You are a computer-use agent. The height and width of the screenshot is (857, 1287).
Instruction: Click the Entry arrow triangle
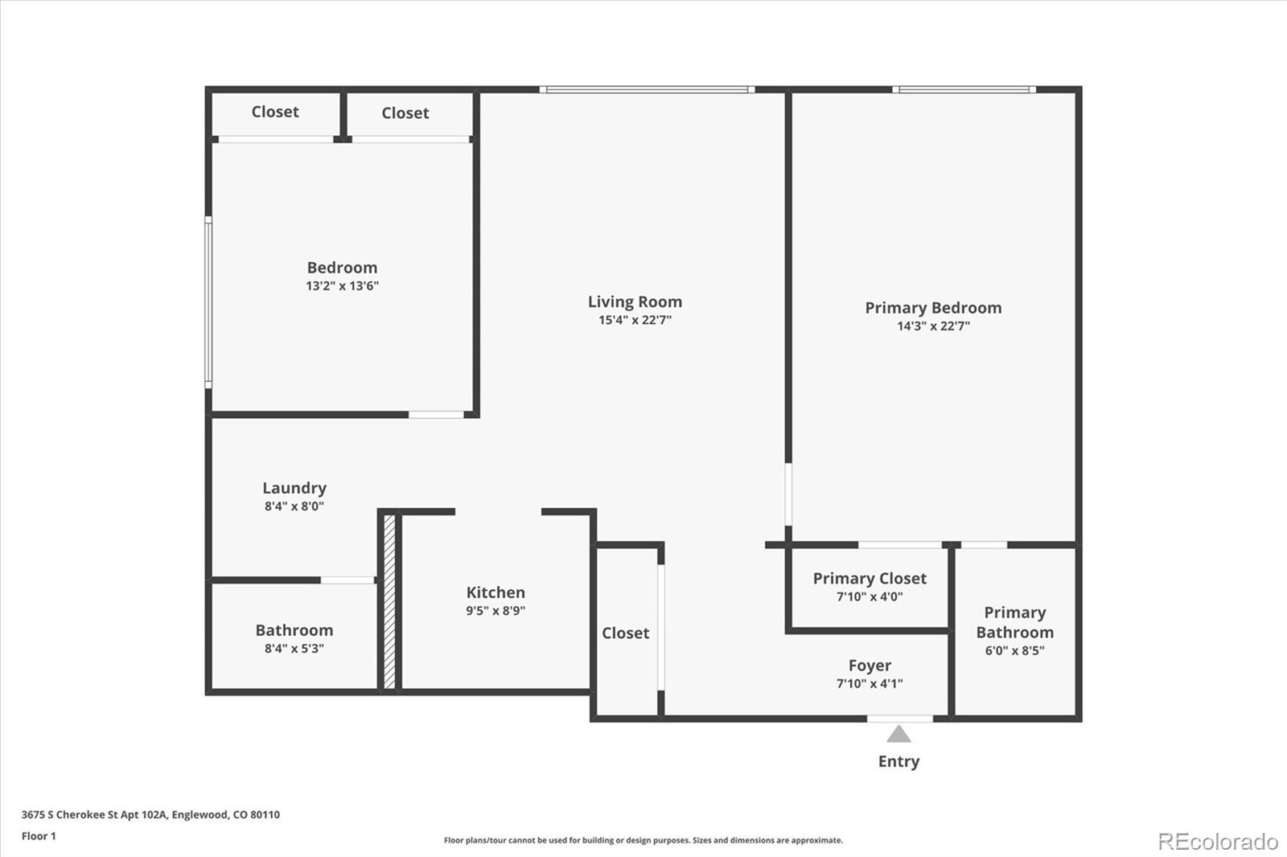pos(898,734)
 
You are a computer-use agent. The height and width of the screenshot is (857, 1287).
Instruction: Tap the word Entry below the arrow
pos(898,761)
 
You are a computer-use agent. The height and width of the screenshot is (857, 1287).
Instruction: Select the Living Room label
pos(635,301)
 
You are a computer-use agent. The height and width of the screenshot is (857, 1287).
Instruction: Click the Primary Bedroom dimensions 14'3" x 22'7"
pos(933,326)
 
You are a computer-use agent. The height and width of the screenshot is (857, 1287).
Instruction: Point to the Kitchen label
pos(495,593)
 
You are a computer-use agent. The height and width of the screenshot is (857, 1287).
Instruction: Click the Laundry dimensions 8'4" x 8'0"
pos(294,506)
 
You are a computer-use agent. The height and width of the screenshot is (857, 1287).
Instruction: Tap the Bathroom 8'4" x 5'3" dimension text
pos(294,649)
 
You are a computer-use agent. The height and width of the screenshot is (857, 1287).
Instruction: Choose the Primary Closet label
pos(870,579)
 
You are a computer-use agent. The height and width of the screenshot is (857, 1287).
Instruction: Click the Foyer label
pos(870,666)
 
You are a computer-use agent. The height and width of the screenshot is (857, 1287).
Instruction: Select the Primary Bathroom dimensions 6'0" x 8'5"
pos(1014,651)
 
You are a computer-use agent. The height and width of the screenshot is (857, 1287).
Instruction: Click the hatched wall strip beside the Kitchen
pos(389,601)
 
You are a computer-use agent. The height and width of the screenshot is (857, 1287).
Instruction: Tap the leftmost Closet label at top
pos(275,112)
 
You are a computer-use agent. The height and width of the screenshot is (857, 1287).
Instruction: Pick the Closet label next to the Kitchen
pos(625,634)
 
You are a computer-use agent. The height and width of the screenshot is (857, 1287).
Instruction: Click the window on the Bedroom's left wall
pos(208,301)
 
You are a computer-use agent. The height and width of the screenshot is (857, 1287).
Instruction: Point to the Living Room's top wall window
pos(647,89)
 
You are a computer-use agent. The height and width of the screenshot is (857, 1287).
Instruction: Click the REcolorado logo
pos(1218,842)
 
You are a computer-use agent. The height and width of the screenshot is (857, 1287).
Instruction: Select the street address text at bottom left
pos(150,814)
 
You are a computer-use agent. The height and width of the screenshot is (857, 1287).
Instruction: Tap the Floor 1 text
pos(39,836)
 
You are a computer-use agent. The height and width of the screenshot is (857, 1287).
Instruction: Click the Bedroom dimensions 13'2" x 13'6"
pos(342,286)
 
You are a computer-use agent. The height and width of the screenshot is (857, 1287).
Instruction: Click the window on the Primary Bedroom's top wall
pos(964,89)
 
